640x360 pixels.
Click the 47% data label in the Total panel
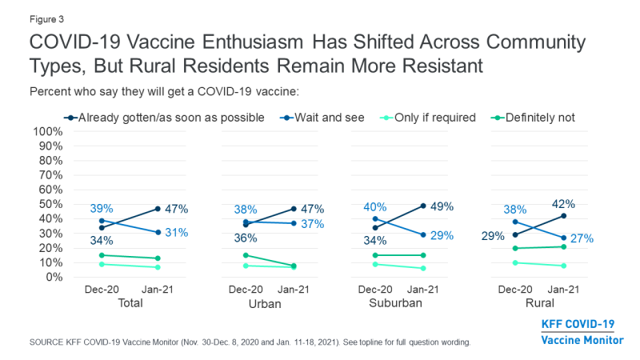178,209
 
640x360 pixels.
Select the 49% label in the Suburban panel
441,206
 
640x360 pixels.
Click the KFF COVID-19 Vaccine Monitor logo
582,331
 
